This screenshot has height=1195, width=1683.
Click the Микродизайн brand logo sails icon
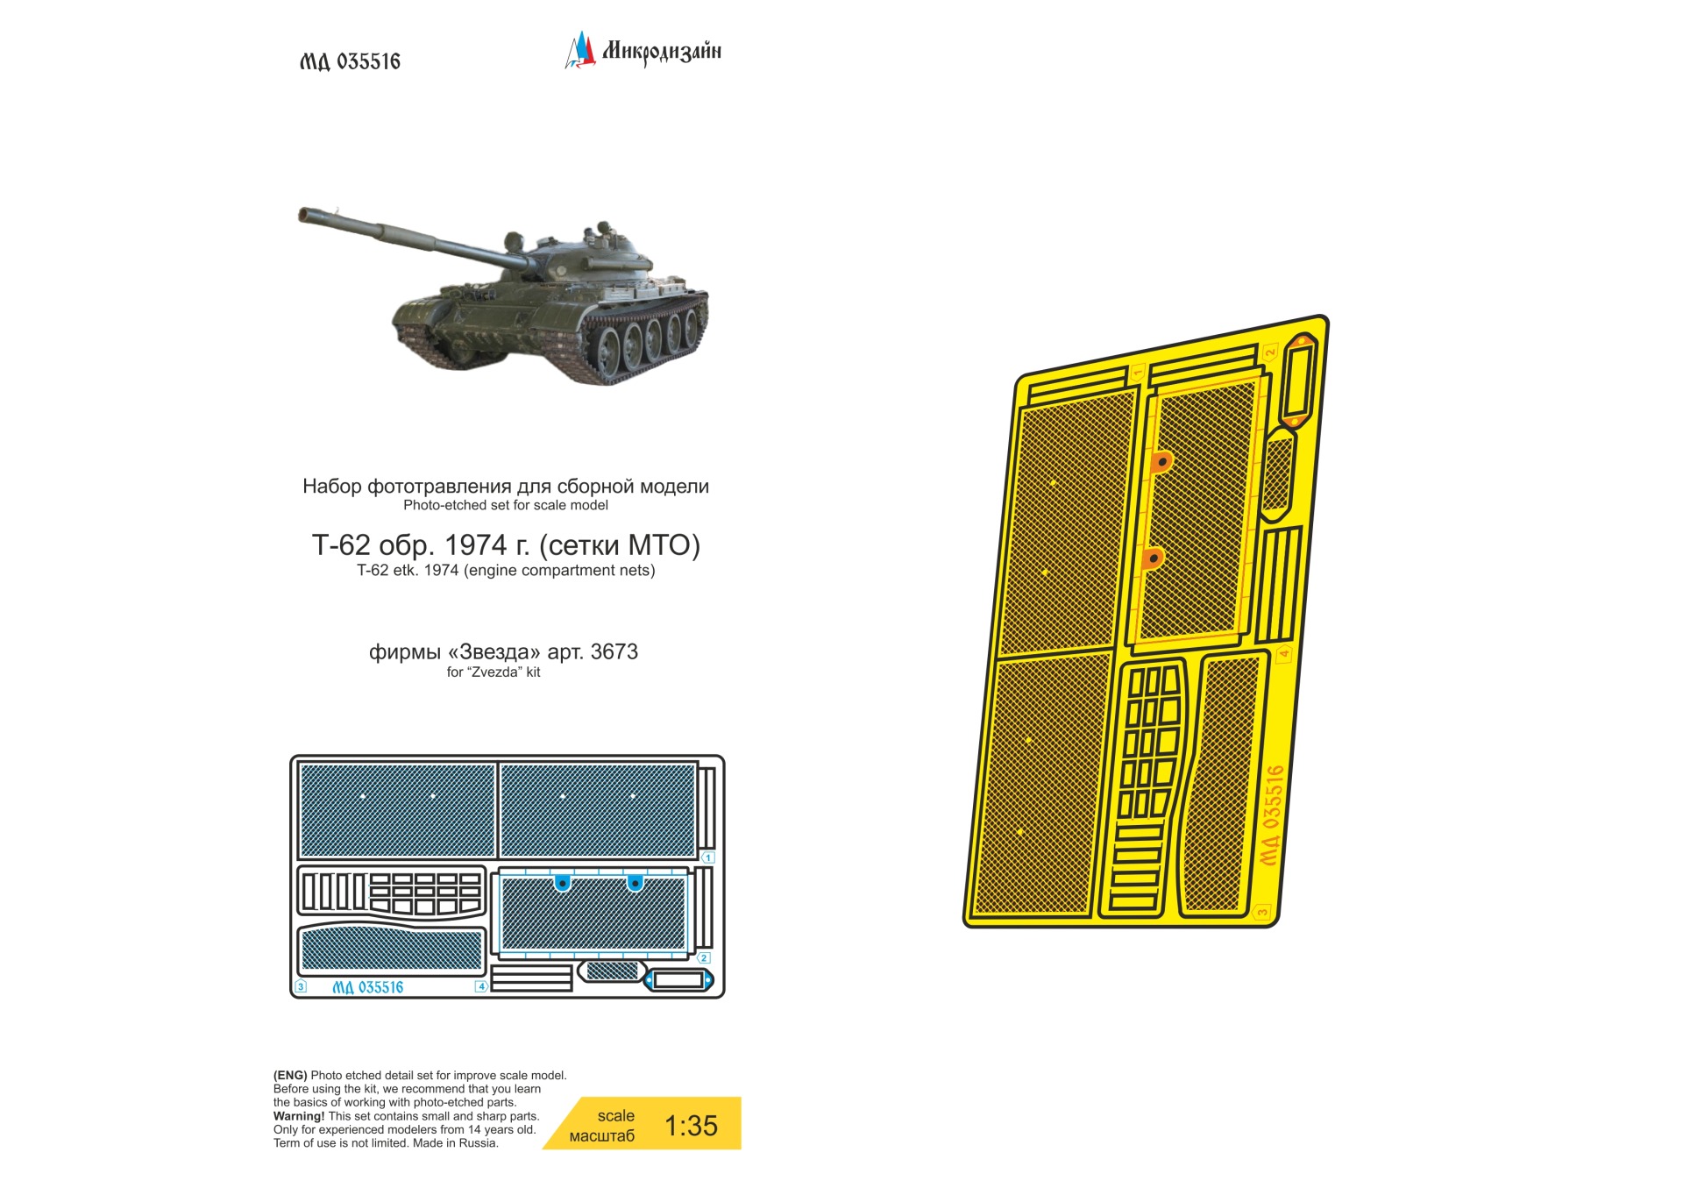pos(579,50)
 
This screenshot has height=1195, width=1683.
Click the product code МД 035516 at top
pos(350,61)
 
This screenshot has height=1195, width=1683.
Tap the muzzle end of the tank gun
pos(303,213)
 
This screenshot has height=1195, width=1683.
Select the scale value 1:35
pos(691,1126)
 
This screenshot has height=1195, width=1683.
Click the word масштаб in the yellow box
pos(601,1136)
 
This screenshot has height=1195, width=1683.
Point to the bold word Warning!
pos(299,1116)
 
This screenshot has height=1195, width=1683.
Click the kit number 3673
pos(614,651)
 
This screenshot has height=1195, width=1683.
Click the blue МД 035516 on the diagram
pos(367,987)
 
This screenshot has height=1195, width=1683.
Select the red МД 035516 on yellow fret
pos(1272,815)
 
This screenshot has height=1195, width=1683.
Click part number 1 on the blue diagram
pos(708,857)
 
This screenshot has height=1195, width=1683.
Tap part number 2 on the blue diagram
pos(704,958)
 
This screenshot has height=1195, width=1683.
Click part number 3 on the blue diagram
pos(301,986)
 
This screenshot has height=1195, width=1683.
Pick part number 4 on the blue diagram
pos(481,986)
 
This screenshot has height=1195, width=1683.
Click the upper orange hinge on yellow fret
pos(1161,461)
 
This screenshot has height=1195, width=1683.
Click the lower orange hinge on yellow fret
pos(1153,558)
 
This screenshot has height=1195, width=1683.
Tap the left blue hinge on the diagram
pos(562,883)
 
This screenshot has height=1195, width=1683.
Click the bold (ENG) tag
pos(290,1075)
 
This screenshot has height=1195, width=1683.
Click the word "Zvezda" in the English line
pos(494,672)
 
